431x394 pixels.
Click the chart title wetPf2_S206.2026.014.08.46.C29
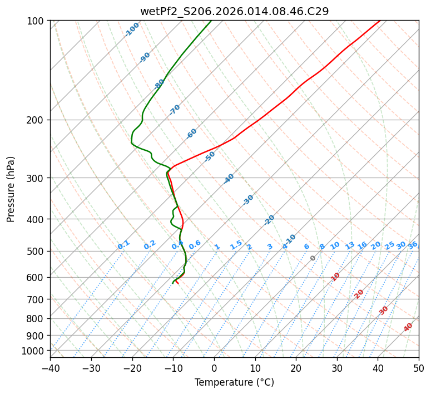pos(234,11)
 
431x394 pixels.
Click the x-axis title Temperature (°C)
pos(234,383)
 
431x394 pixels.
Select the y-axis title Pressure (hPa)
pos(11,189)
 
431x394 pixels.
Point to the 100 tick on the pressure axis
pos(37,21)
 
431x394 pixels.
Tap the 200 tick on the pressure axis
pos(37,120)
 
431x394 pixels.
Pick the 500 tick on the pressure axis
pos(37,252)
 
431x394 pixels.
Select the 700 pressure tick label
pos(37,299)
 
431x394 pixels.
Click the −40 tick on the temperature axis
pos(50,368)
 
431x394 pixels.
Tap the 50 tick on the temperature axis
pos(419,368)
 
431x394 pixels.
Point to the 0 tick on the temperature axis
pos(214,368)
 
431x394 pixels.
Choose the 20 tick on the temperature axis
pos(296,368)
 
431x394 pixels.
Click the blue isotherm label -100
pos(132,29)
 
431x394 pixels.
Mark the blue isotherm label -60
pos(192,134)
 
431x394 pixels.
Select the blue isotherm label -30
pos(248,200)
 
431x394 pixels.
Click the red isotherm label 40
pos(408,327)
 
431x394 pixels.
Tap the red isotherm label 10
pos(335,277)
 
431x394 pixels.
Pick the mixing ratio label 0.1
pos(123,244)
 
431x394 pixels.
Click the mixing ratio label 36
pos(413,245)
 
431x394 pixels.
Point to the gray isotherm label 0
pos(313,258)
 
